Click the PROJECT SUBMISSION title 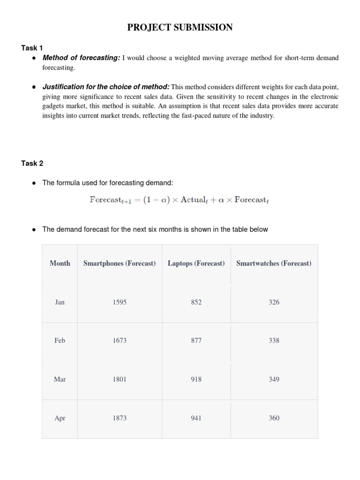[x=180, y=28]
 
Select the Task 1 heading [x=32, y=48]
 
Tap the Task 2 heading [x=32, y=164]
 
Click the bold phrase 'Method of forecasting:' [x=81, y=58]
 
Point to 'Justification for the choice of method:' [x=106, y=87]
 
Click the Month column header [x=60, y=263]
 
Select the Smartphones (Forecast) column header [x=120, y=263]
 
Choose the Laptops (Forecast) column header [x=196, y=263]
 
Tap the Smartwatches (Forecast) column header [x=274, y=263]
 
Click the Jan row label [x=60, y=302]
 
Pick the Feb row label [x=60, y=341]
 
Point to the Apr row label [x=60, y=418]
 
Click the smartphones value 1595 [x=120, y=302]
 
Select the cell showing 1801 [x=120, y=379]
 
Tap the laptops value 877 [x=196, y=341]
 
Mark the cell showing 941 [x=196, y=418]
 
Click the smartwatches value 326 [x=274, y=302]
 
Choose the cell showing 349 [x=274, y=379]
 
